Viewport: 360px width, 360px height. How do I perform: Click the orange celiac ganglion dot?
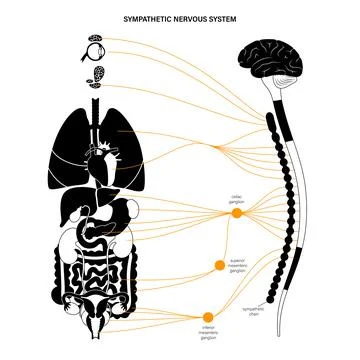click(x=237, y=213)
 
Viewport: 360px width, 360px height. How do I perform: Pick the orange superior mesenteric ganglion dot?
click(x=219, y=264)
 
